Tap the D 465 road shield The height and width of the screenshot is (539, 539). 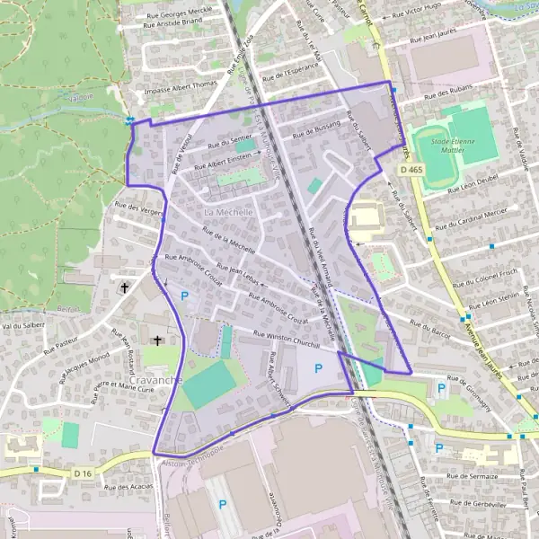[x=412, y=170]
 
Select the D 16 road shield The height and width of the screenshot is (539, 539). [x=84, y=473]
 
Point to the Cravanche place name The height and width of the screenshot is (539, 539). [x=155, y=381]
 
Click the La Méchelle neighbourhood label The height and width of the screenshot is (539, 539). [x=230, y=211]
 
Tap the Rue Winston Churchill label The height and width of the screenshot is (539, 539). [x=287, y=336]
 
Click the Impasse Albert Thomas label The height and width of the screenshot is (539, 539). [x=180, y=88]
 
